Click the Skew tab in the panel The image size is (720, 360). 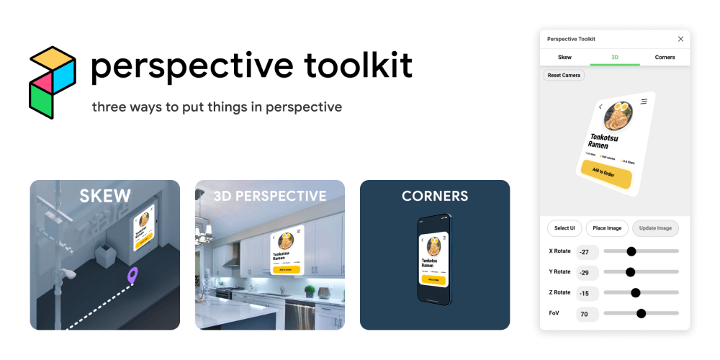coord(565,57)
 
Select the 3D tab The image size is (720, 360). coord(615,57)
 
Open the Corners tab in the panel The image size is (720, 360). coord(665,57)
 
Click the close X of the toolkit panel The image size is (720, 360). coord(680,39)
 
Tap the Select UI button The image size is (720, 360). coord(564,228)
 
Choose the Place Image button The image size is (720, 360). coord(607,228)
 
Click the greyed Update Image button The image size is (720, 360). coord(655,228)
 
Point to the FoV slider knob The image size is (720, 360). coord(641,313)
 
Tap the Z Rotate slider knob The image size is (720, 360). coord(636,292)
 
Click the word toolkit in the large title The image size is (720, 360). coord(358,66)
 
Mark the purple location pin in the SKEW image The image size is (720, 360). coord(132,274)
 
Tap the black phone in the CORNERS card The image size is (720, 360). coord(434,260)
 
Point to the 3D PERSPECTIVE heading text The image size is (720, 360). coord(269,196)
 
